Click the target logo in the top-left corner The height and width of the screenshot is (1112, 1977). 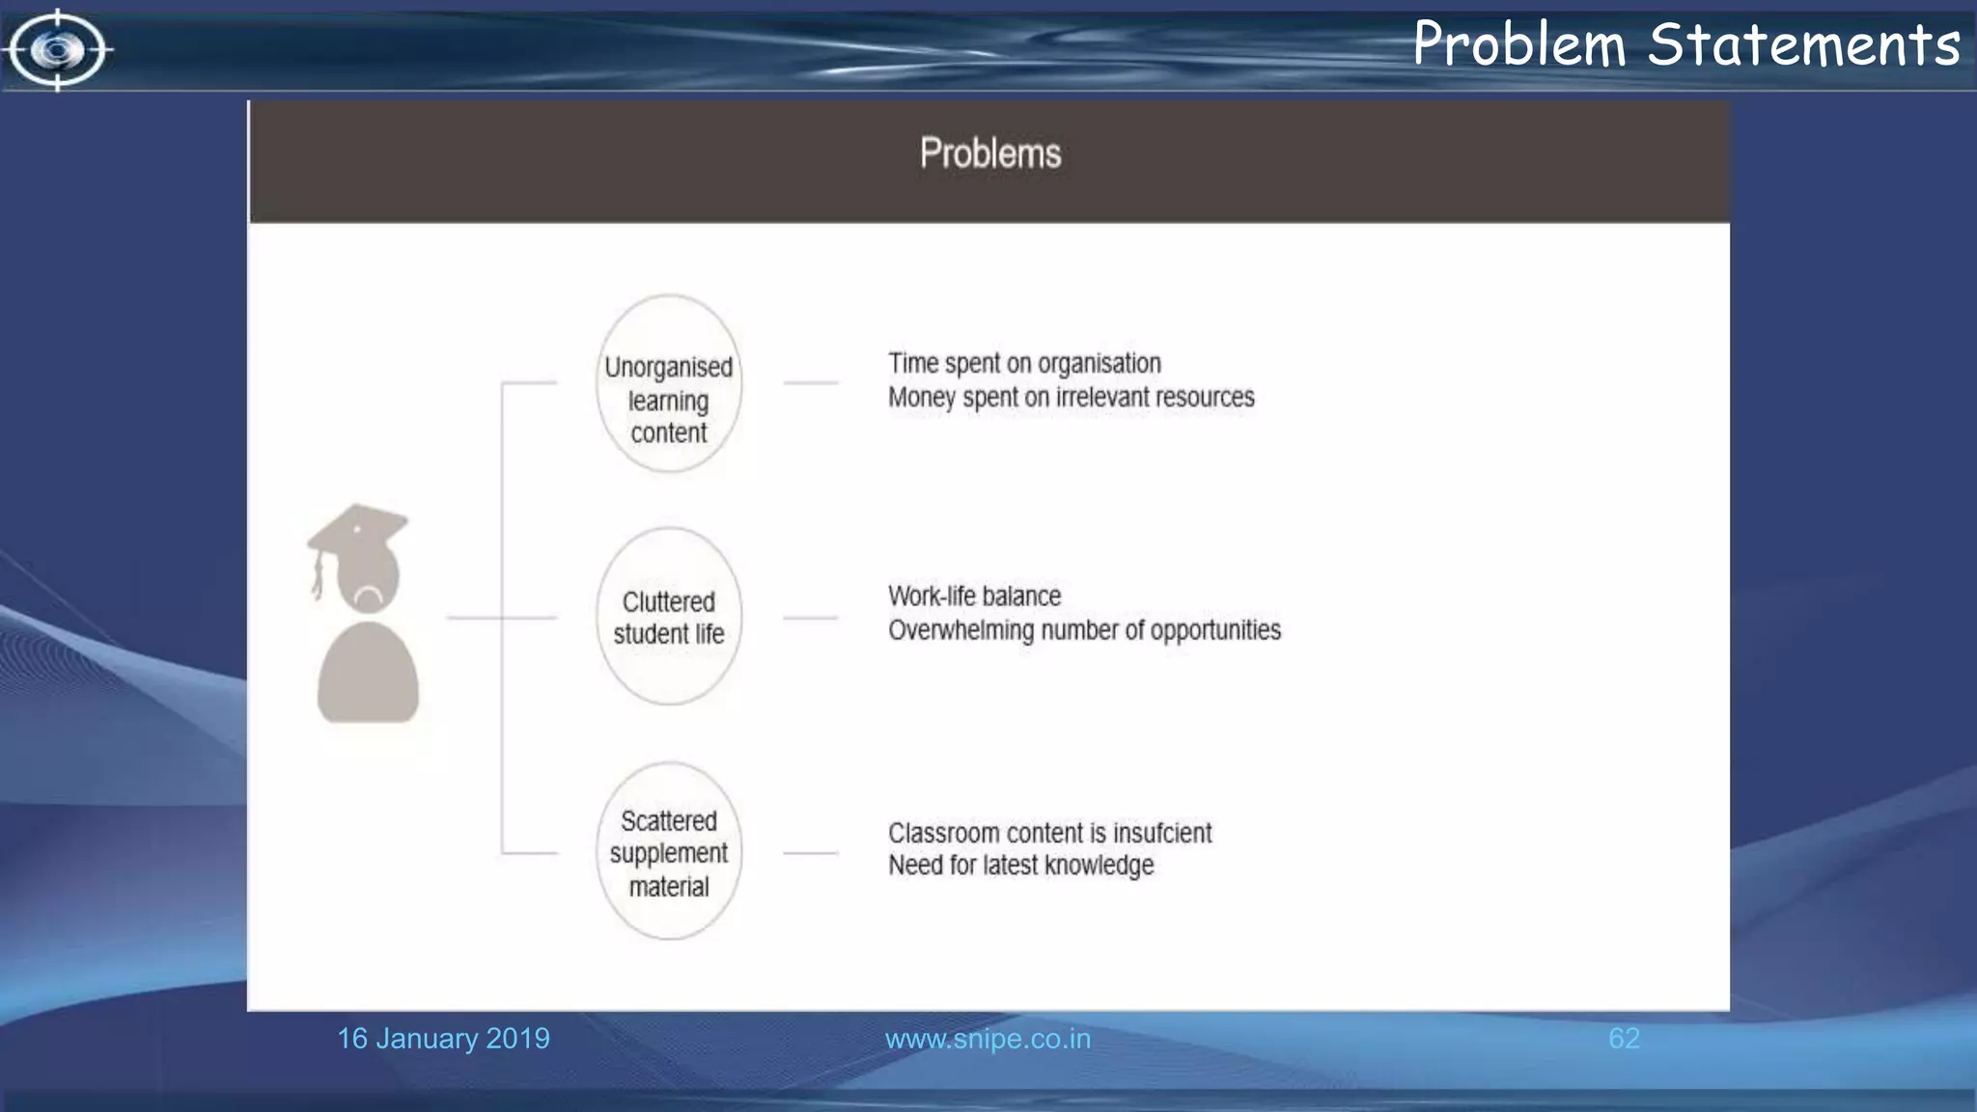tap(58, 49)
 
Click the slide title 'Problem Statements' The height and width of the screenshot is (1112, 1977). tap(1685, 44)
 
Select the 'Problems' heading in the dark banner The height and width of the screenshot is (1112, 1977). tap(989, 153)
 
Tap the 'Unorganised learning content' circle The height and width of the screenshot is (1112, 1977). tap(669, 383)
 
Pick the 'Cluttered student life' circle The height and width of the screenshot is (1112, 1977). tap(669, 617)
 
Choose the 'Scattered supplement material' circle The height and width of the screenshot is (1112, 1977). tap(669, 851)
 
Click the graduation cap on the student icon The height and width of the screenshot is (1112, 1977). tap(359, 528)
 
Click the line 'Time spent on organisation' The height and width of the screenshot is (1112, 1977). tap(1024, 364)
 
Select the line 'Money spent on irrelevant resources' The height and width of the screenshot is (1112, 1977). tap(1071, 398)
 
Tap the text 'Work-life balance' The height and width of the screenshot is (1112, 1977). tap(974, 597)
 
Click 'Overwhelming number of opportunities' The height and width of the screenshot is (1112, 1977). tap(1084, 630)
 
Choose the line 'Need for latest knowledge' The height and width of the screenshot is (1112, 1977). tap(1020, 866)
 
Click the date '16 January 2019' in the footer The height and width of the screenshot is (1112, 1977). tap(443, 1039)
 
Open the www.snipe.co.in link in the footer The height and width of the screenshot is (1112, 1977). tap(988, 1039)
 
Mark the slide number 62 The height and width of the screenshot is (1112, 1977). tap(1624, 1039)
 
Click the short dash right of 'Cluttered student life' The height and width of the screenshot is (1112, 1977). tap(810, 618)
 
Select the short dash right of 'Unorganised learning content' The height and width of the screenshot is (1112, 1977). tap(810, 383)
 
